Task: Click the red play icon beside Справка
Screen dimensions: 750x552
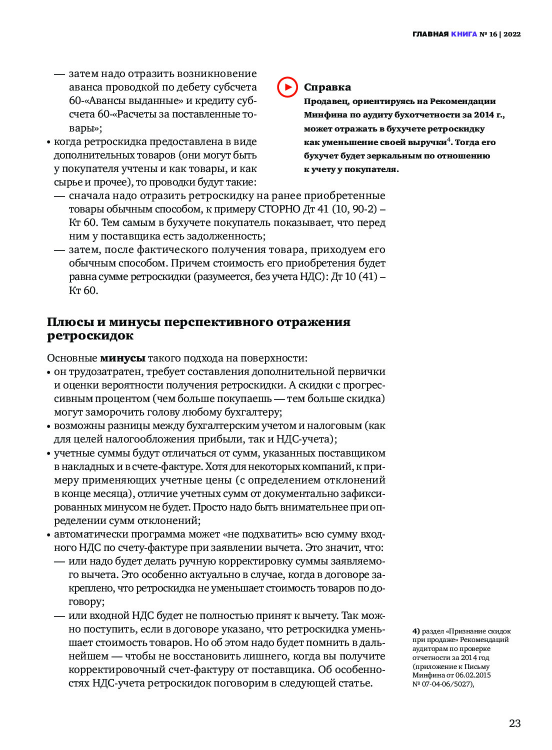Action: click(287, 87)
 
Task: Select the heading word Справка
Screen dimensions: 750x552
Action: click(327, 87)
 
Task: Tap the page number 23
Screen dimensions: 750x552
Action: click(514, 723)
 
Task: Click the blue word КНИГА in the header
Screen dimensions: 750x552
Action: click(464, 34)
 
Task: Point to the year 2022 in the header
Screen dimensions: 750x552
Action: click(512, 34)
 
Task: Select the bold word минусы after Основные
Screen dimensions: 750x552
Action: click(122, 358)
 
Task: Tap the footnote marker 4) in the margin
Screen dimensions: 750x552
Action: click(416, 631)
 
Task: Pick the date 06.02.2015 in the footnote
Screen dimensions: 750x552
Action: click(473, 675)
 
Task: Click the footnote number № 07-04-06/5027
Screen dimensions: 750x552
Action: click(443, 684)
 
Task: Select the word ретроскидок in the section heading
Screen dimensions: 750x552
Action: click(90, 335)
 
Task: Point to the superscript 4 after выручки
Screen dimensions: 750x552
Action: click(448, 139)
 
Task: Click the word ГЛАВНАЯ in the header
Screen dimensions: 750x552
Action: click(430, 34)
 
